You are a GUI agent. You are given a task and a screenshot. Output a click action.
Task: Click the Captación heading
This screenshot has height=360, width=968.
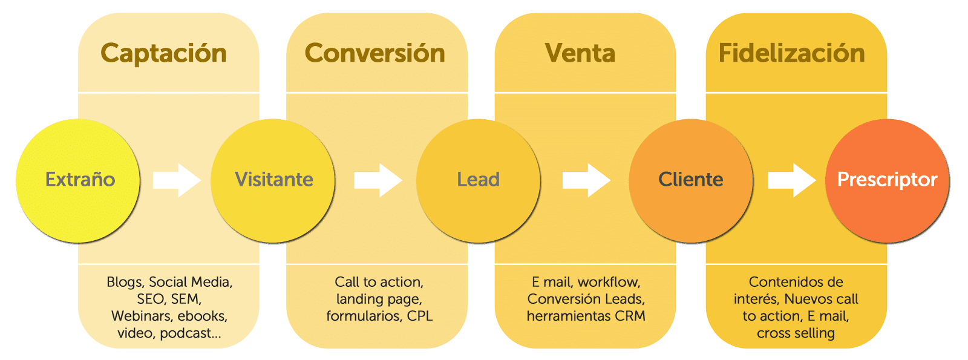[x=163, y=53]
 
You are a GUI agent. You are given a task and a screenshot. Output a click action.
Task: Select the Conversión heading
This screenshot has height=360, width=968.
[x=374, y=53]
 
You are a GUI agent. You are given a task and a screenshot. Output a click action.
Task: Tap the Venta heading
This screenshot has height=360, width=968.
[x=580, y=53]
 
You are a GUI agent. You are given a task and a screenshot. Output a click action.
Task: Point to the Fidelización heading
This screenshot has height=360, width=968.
[x=791, y=53]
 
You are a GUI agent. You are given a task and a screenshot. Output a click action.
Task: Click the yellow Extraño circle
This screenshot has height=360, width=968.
[x=79, y=180]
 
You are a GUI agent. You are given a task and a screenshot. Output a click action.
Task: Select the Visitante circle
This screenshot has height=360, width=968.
[x=273, y=180]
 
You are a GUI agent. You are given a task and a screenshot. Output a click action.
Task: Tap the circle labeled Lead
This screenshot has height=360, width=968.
[x=478, y=180]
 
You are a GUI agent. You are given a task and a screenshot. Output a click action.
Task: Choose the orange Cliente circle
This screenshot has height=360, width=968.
[x=690, y=180]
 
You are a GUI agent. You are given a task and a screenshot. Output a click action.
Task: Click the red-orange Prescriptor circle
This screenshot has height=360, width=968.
[x=887, y=180]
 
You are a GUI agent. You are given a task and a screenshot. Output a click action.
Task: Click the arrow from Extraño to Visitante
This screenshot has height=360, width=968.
[x=176, y=180]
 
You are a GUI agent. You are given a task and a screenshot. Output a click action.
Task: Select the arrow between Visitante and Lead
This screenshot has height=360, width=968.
[x=378, y=180]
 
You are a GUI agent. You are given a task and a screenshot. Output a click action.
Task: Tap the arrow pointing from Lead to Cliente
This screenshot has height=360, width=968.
[x=586, y=180]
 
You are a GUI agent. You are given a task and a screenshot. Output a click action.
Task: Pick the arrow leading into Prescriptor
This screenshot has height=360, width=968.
[x=791, y=180]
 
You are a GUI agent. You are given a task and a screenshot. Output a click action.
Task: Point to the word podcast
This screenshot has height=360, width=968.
[x=189, y=333]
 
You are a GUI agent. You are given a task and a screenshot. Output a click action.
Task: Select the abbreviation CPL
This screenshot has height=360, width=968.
[x=420, y=316]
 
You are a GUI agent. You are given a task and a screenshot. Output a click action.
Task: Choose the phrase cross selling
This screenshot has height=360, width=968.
[x=796, y=333]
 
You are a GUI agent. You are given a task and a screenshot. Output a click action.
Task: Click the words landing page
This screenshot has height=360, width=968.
[x=379, y=299]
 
